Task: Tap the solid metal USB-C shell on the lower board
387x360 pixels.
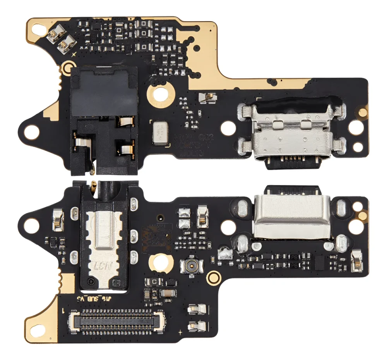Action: click(292, 217)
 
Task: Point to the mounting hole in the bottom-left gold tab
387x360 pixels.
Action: click(38, 328)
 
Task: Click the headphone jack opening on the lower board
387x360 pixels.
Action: click(104, 189)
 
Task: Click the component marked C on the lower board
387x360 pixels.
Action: click(154, 281)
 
